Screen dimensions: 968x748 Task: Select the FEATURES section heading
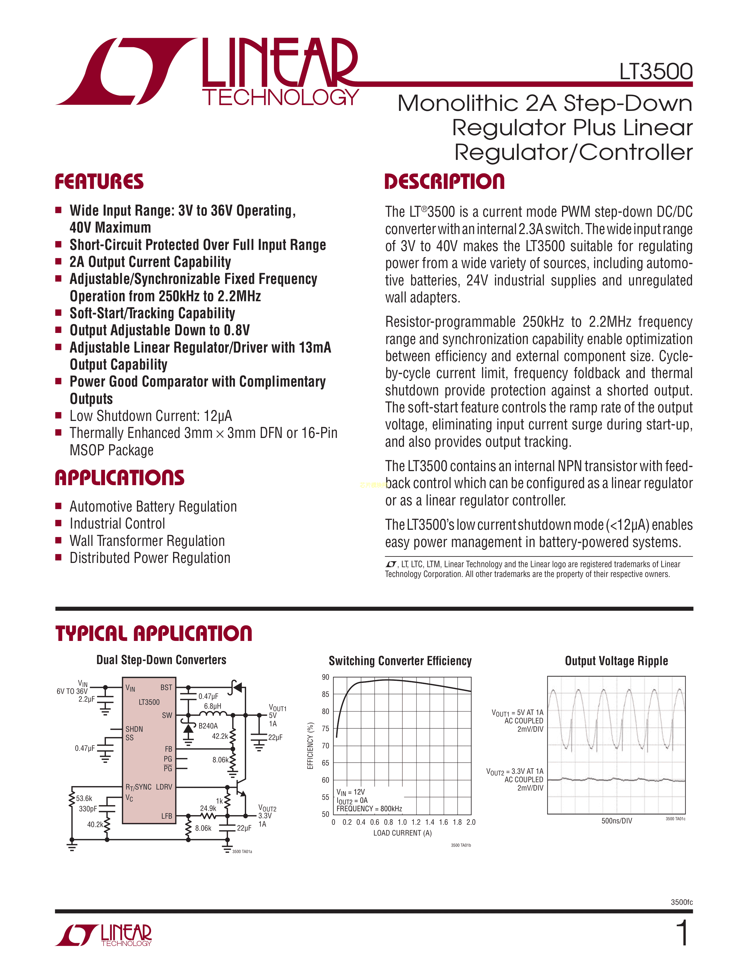[x=99, y=182]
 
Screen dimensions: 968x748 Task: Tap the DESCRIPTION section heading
[x=444, y=182]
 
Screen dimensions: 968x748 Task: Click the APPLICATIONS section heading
[x=120, y=478]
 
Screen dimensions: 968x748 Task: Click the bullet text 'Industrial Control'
[x=117, y=524]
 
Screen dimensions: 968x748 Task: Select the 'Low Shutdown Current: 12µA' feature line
[x=151, y=416]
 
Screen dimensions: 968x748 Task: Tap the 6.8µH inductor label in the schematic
[x=212, y=706]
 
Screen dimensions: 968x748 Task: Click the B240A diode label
[x=208, y=726]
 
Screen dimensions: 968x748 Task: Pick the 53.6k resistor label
[x=84, y=798]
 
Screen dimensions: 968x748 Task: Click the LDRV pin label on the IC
[x=164, y=787]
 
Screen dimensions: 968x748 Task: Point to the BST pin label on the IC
[x=166, y=688]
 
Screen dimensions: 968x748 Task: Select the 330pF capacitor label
[x=88, y=809]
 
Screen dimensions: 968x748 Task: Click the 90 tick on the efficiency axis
[x=326, y=677]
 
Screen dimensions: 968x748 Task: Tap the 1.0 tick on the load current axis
[x=402, y=822]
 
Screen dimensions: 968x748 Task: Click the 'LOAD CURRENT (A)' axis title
[x=402, y=833]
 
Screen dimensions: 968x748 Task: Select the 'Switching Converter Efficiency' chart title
[x=400, y=661]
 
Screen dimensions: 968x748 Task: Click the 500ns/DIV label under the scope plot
[x=616, y=821]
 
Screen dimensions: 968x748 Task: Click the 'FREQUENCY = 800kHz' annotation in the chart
[x=369, y=809]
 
